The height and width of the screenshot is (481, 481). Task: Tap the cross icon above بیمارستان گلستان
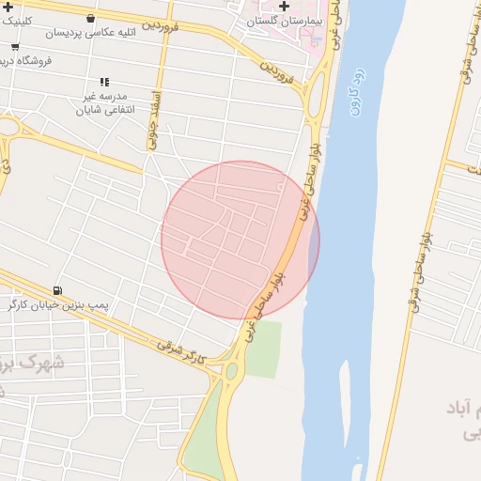[285, 6]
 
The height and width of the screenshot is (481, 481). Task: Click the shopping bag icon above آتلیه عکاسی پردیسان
[89, 18]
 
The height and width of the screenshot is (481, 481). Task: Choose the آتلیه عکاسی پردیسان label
[89, 32]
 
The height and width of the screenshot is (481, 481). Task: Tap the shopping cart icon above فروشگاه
[15, 46]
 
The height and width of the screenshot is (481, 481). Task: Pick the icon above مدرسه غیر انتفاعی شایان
[103, 82]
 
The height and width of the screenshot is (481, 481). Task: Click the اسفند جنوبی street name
[156, 119]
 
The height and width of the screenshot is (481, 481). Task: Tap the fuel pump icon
[59, 290]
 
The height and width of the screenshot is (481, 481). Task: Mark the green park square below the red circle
[263, 349]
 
